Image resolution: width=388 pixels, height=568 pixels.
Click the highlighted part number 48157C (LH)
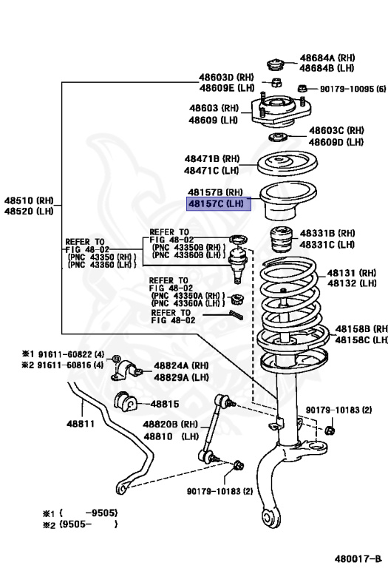point(219,203)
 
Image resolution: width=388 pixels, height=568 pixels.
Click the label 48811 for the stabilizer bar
point(81,424)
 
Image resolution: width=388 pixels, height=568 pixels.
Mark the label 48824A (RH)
point(180,365)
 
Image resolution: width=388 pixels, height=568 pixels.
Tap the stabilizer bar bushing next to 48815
point(126,404)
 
